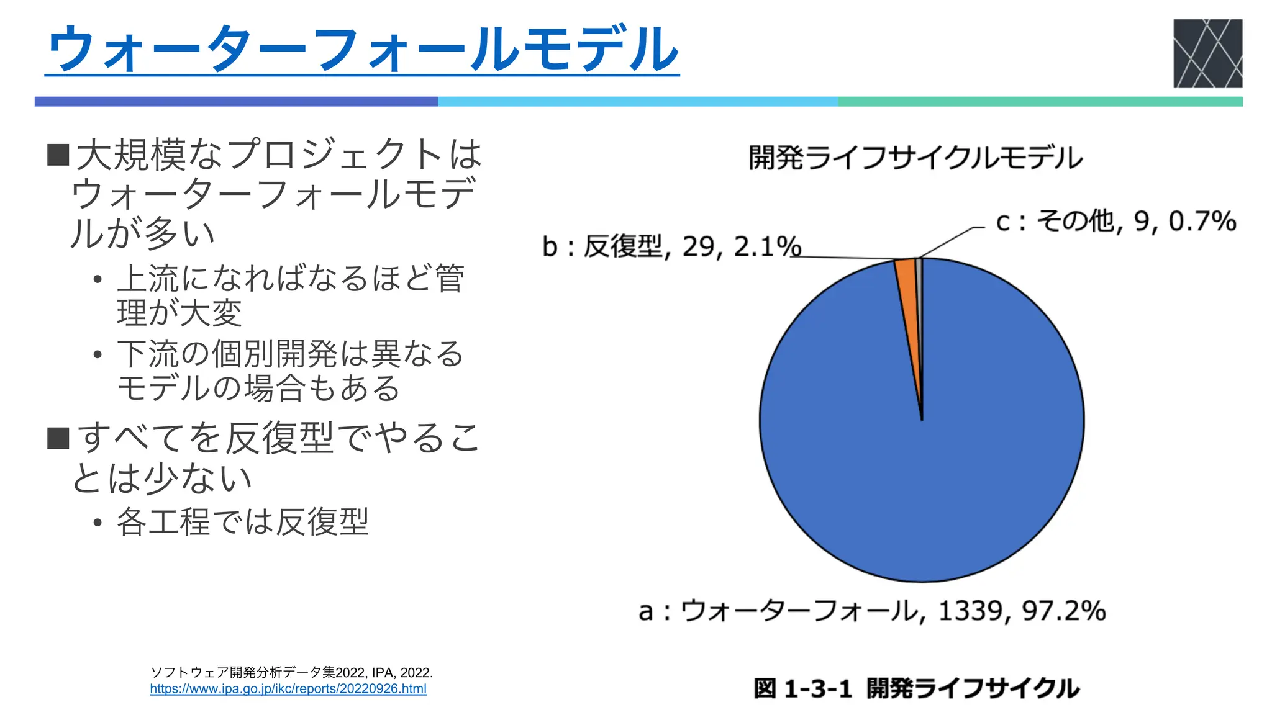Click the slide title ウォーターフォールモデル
coord(363,50)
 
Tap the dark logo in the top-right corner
coord(1207,53)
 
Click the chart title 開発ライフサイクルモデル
coord(915,158)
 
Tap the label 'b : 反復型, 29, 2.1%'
coord(672,247)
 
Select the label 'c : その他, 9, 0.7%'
coord(1116,222)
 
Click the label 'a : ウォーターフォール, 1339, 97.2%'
coord(872,611)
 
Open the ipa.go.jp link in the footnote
coord(288,689)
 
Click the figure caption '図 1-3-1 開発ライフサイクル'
coord(917,689)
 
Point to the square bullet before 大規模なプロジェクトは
coord(58,155)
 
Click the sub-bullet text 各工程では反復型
coord(243,521)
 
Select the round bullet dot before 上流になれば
coord(98,279)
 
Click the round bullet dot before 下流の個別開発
coord(98,355)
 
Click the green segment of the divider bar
coord(1040,102)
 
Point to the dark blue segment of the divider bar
coord(236,102)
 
